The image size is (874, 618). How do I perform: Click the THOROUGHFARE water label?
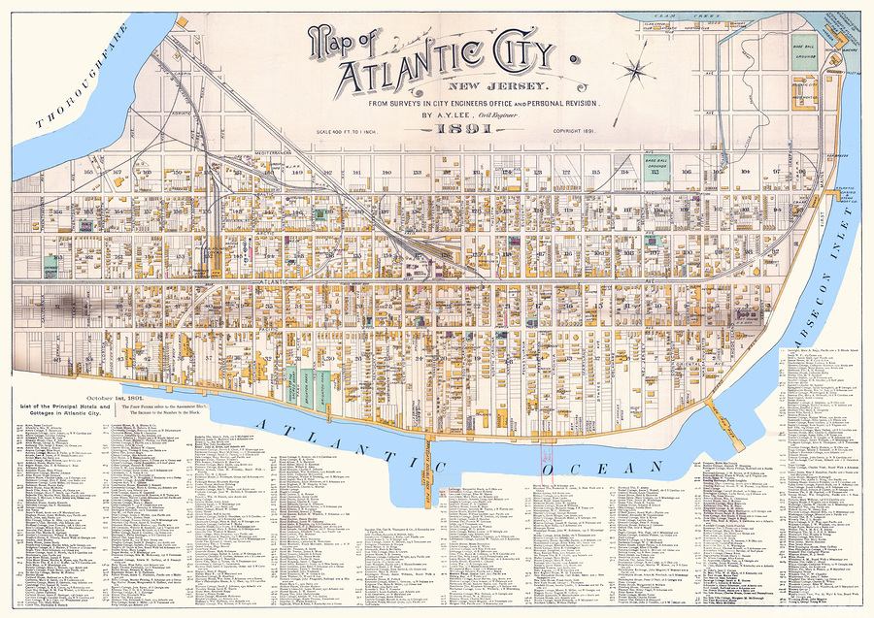coord(83,89)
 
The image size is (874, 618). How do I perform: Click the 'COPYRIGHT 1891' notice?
coord(579,131)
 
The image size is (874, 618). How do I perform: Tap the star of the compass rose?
coord(638,70)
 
